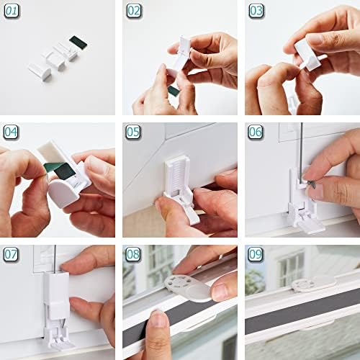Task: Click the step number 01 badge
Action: coord(12,11)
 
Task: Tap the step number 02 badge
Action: coord(134,11)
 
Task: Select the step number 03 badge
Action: coord(256,11)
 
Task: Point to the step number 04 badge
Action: coord(11,132)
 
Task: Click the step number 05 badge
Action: coord(133,132)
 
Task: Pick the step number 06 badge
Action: coord(256,132)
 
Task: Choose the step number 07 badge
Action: coord(11,254)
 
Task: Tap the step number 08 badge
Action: coord(133,254)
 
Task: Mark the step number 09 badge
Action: coord(256,254)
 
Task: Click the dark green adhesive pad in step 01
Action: coord(78,42)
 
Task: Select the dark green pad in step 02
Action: coord(174,90)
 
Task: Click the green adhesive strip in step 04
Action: coord(59,170)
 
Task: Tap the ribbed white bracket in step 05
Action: coord(178,174)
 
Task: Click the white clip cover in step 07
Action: coord(56,288)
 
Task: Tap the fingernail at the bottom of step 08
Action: coord(158,319)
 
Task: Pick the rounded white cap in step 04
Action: coord(63,193)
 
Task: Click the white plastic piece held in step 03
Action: coord(309,56)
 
